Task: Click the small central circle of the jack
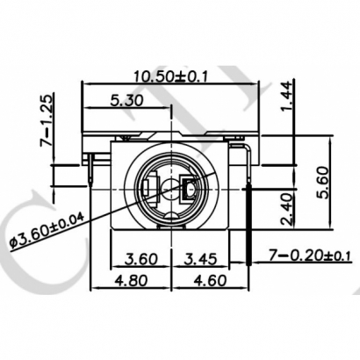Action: pyautogui.click(x=170, y=186)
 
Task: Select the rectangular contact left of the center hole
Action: pyautogui.click(x=153, y=186)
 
